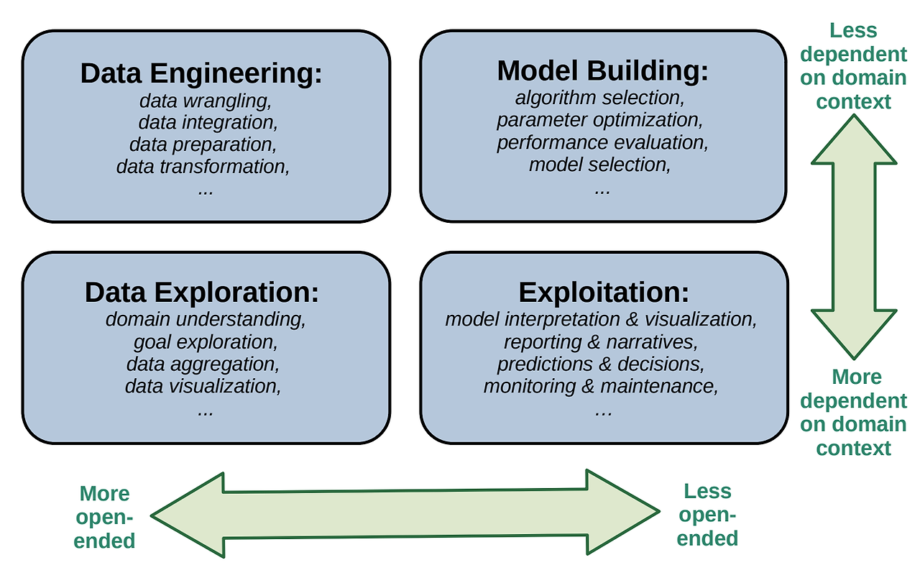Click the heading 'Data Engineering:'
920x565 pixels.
(x=201, y=74)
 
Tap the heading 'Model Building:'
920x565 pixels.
(x=603, y=70)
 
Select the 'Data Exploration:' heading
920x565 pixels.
(x=202, y=293)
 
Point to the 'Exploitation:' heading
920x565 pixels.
(x=604, y=293)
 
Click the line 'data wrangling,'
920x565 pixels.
(x=206, y=101)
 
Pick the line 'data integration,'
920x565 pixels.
(x=208, y=122)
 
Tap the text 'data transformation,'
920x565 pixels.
(x=203, y=167)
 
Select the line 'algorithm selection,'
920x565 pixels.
(x=600, y=98)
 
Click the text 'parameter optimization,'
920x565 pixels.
(x=600, y=120)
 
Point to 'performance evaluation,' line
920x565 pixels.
(x=603, y=143)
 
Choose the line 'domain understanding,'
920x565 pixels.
(x=206, y=319)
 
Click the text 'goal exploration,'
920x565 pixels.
(x=206, y=342)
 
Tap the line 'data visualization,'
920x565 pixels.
(x=203, y=387)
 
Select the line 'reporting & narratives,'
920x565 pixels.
(x=601, y=342)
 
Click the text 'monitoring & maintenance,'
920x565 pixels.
(x=601, y=387)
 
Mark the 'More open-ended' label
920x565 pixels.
(x=104, y=517)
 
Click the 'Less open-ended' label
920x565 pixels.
(x=707, y=515)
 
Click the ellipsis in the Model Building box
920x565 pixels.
(x=602, y=191)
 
